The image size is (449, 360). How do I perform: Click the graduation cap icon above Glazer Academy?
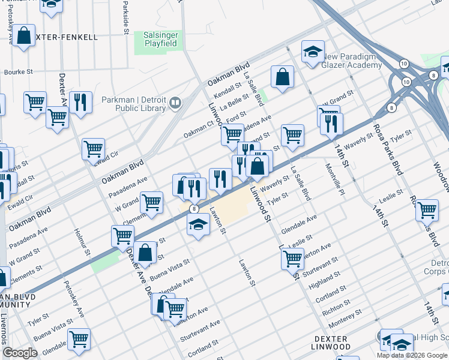click(x=313, y=52)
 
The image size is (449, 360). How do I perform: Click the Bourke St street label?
click(x=17, y=72)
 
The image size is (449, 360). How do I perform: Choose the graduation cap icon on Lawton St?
click(x=198, y=226)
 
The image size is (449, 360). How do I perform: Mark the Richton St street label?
click(x=337, y=307)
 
